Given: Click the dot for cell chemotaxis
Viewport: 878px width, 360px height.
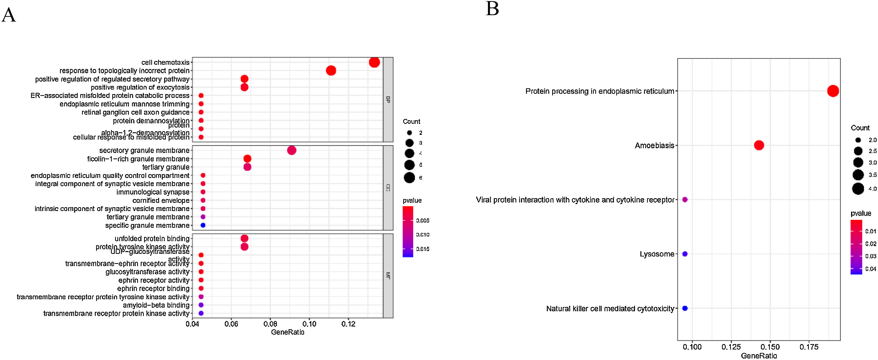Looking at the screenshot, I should (374, 62).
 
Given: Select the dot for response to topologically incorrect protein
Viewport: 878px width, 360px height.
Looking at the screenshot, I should (331, 71).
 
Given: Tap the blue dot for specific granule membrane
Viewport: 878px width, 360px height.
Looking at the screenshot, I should (203, 225).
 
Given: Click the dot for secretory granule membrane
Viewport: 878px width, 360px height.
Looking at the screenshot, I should (291, 150).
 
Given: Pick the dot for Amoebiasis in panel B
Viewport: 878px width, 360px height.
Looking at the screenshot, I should (759, 145).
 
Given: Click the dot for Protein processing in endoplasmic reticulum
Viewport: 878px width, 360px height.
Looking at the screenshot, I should (833, 91).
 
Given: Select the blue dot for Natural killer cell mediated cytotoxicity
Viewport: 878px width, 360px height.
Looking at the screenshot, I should (685, 308).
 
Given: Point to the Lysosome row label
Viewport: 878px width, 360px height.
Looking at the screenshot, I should (657, 254).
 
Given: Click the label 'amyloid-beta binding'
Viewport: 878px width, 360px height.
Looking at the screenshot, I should (156, 305).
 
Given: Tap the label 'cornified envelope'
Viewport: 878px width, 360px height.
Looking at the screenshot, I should (161, 201).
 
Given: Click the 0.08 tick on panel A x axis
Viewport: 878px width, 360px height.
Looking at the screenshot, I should (270, 324).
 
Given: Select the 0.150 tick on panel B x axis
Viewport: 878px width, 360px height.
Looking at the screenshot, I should (770, 347).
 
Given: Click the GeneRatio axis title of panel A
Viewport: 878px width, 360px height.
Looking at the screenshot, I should (287, 332).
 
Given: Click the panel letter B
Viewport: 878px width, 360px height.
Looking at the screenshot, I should (492, 9).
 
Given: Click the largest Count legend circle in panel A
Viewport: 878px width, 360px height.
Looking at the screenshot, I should (409, 178).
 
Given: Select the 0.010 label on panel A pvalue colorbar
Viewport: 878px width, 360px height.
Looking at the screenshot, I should (423, 235).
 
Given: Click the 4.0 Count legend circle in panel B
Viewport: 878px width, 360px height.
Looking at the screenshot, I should (858, 188).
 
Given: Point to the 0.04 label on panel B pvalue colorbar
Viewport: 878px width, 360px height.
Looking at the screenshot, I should (871, 269).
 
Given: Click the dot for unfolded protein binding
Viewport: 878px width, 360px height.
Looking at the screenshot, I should (244, 238).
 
